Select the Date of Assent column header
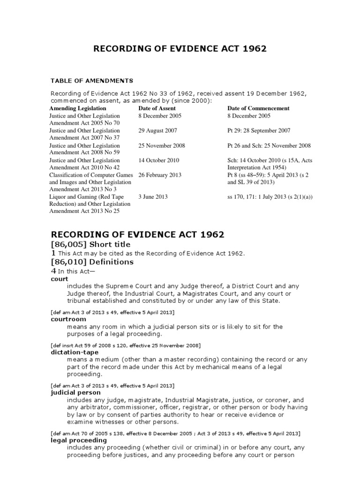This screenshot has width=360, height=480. (157, 108)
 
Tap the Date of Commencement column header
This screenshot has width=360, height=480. (258, 108)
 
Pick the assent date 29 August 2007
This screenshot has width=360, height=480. (157, 131)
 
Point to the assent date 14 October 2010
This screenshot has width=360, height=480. (159, 160)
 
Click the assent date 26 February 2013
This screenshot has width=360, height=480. (160, 175)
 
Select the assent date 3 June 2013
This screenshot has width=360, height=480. (153, 197)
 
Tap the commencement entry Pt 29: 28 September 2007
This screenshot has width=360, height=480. (259, 131)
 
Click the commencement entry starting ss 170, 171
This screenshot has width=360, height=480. (270, 197)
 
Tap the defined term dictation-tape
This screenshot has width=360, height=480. (72, 352)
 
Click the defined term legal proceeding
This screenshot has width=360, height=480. (79, 440)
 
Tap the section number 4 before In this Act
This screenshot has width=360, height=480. (53, 270)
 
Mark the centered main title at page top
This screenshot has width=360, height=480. (180, 49)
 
